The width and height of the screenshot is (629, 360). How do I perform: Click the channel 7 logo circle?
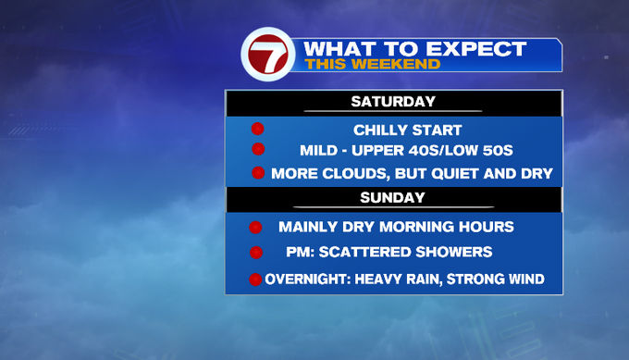pyautogui.click(x=268, y=55)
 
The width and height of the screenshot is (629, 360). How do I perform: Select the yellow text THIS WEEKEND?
pyautogui.click(x=372, y=64)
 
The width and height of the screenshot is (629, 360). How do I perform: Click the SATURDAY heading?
pyautogui.click(x=393, y=102)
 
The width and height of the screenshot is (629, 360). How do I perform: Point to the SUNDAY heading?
pyautogui.click(x=392, y=197)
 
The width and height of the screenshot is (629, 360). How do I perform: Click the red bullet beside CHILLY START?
pyautogui.click(x=257, y=129)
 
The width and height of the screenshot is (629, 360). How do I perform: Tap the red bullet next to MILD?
pyautogui.click(x=258, y=149)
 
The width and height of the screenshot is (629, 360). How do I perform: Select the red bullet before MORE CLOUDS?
pyautogui.click(x=258, y=173)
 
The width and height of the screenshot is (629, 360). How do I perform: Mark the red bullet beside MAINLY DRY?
pyautogui.click(x=255, y=227)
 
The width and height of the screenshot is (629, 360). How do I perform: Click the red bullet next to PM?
pyautogui.click(x=256, y=253)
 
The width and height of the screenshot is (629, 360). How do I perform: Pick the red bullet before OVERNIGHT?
pyautogui.click(x=255, y=279)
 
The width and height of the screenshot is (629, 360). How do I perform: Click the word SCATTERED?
pyautogui.click(x=365, y=252)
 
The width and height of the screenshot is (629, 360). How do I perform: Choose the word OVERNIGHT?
pyautogui.click(x=308, y=279)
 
